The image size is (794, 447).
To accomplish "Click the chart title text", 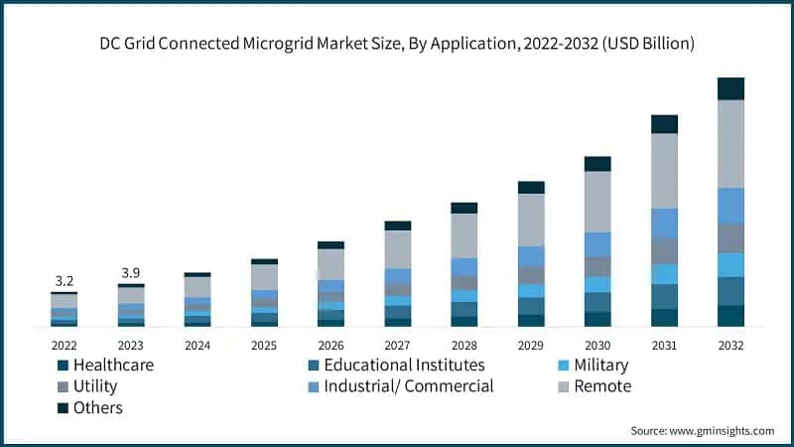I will [x=396, y=44].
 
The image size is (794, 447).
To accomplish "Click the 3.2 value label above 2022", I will [x=65, y=280].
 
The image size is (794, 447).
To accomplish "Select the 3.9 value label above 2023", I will [x=131, y=273].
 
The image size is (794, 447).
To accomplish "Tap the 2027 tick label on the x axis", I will [x=397, y=345].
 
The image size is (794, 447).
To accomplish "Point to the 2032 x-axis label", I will [x=730, y=345].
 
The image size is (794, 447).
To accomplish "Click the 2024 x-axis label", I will [x=198, y=345].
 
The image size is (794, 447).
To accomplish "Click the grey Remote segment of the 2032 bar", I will [x=730, y=144].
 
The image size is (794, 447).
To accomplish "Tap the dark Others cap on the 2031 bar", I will [x=664, y=124].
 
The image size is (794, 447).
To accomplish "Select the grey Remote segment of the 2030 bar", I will [x=597, y=202].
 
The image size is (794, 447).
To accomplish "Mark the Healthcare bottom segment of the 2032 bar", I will [x=730, y=316].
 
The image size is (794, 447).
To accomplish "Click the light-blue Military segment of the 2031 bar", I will [x=664, y=274].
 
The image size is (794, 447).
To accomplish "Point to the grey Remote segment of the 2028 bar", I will [x=464, y=235].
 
